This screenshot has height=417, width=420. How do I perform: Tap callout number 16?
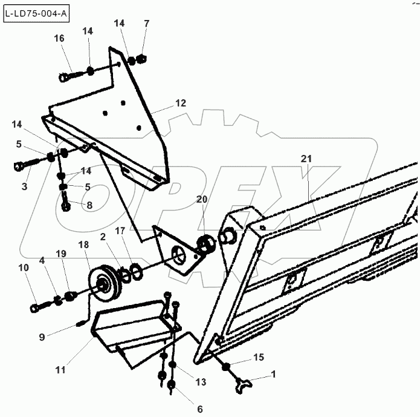coord(59,38)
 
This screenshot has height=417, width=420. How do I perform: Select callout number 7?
coord(145,23)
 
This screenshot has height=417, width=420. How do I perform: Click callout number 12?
coord(181,103)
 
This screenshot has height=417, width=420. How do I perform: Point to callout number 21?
coord(306,159)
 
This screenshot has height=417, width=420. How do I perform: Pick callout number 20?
coord(201,199)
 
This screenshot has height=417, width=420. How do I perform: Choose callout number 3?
coord(24,187)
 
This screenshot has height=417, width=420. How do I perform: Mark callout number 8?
coord(89,205)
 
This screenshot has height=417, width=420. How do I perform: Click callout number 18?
coord(83,245)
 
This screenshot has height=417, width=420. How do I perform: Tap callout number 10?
coord(24,267)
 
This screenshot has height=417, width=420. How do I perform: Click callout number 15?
coord(258,358)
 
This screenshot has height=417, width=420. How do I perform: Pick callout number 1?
coord(274,374)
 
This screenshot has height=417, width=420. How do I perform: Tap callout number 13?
coord(201,382)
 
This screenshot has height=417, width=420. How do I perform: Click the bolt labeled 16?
coord(71,77)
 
